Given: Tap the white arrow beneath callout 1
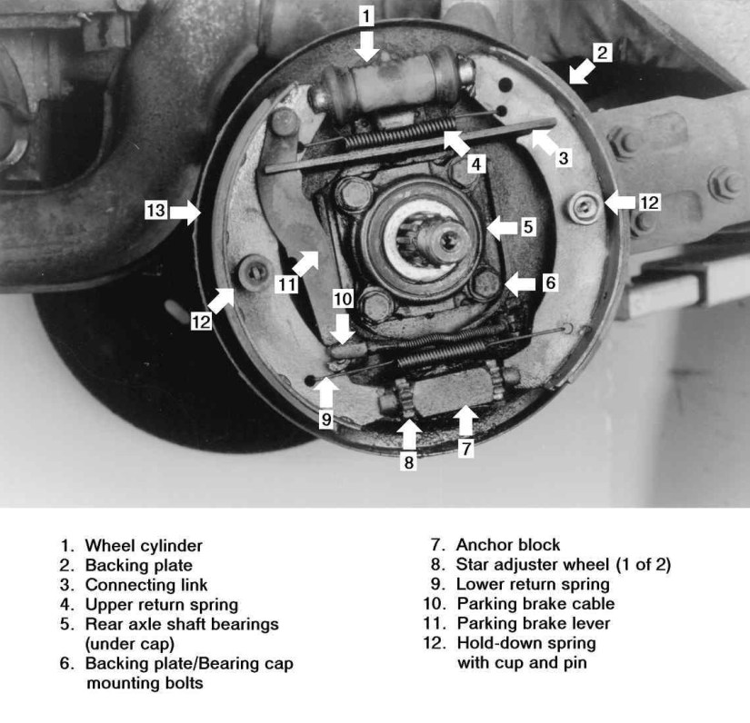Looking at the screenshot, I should [x=366, y=45].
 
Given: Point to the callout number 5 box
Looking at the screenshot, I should [x=528, y=227].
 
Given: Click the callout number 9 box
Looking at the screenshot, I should [x=326, y=420].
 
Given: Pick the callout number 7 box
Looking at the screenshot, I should [x=465, y=447].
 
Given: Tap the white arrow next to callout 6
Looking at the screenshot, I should [x=520, y=283].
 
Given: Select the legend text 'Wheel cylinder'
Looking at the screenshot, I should [x=144, y=546].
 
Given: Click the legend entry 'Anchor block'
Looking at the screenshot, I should [x=508, y=546].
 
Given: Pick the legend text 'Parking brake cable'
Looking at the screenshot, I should [x=535, y=604].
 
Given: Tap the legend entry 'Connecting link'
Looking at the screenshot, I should [x=146, y=585].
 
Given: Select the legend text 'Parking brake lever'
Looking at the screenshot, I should [x=534, y=624].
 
